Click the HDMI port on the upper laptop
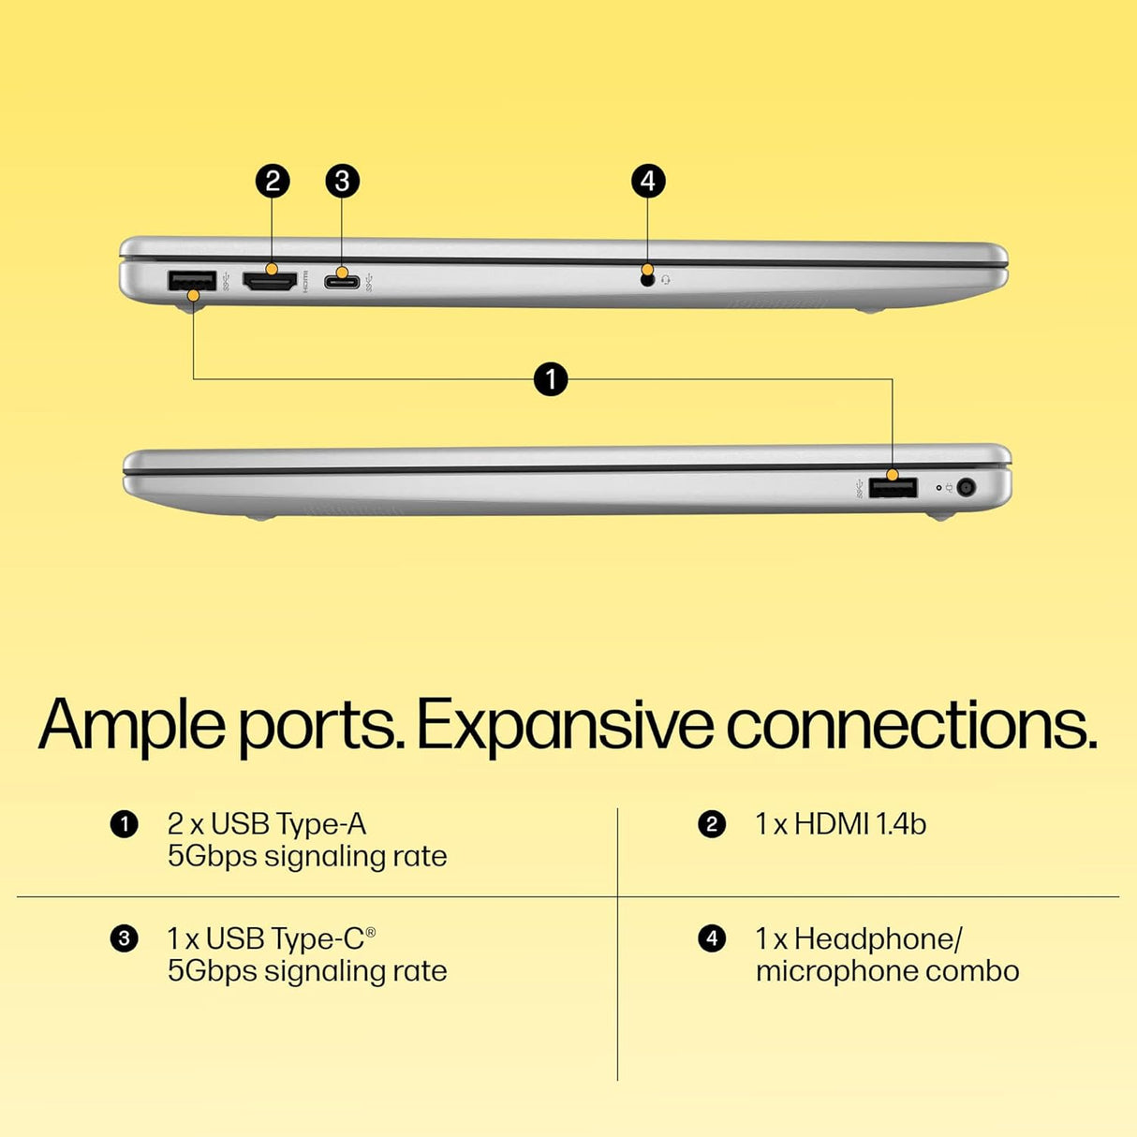[x=271, y=282]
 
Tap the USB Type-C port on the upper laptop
[x=342, y=282]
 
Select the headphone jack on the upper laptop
[x=648, y=281]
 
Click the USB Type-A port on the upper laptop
[x=192, y=280]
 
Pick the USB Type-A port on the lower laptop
[x=893, y=489]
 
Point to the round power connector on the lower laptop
[x=966, y=488]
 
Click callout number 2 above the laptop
[x=272, y=181]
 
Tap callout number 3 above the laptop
[x=342, y=181]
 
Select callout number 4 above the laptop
[x=648, y=181]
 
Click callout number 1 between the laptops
[x=551, y=378]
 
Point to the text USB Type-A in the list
[x=288, y=825]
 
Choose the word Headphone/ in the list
[x=879, y=938]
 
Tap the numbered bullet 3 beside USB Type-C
[x=124, y=938]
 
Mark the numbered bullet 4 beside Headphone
[x=712, y=938]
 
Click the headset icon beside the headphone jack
[x=666, y=280]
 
